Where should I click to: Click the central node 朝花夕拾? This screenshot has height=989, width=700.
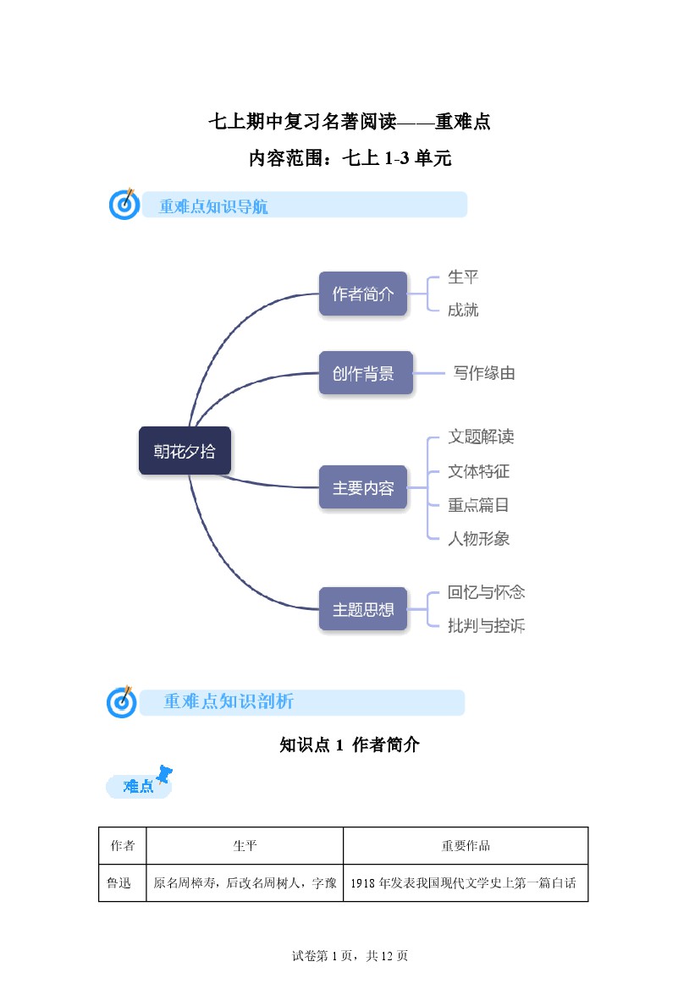point(185,451)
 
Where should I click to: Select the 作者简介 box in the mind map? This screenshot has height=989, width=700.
point(363,294)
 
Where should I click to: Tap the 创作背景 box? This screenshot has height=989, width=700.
point(366,373)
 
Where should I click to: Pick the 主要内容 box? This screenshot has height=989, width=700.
point(363,487)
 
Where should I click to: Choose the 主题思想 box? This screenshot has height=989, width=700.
point(363,609)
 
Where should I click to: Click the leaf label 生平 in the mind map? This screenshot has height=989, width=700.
point(463,277)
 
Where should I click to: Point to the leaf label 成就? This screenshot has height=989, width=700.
point(463,310)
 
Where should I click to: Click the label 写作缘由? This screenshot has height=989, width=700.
point(484,373)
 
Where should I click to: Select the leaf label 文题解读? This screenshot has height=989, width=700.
point(481,437)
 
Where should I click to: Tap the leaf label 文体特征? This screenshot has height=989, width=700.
point(478,471)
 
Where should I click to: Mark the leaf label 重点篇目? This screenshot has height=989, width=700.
point(478,505)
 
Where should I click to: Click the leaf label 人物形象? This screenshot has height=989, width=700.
point(478,539)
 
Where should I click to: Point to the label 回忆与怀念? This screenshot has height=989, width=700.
point(486,592)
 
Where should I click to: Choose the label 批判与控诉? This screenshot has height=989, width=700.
point(486,626)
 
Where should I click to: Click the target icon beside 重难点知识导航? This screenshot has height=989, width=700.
point(124,204)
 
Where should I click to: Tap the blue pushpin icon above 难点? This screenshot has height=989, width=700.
point(164,773)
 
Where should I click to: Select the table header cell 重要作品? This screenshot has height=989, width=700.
point(466,846)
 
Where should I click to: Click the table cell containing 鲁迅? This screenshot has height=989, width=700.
point(123,883)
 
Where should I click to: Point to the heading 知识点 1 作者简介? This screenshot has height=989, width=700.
point(350,744)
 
